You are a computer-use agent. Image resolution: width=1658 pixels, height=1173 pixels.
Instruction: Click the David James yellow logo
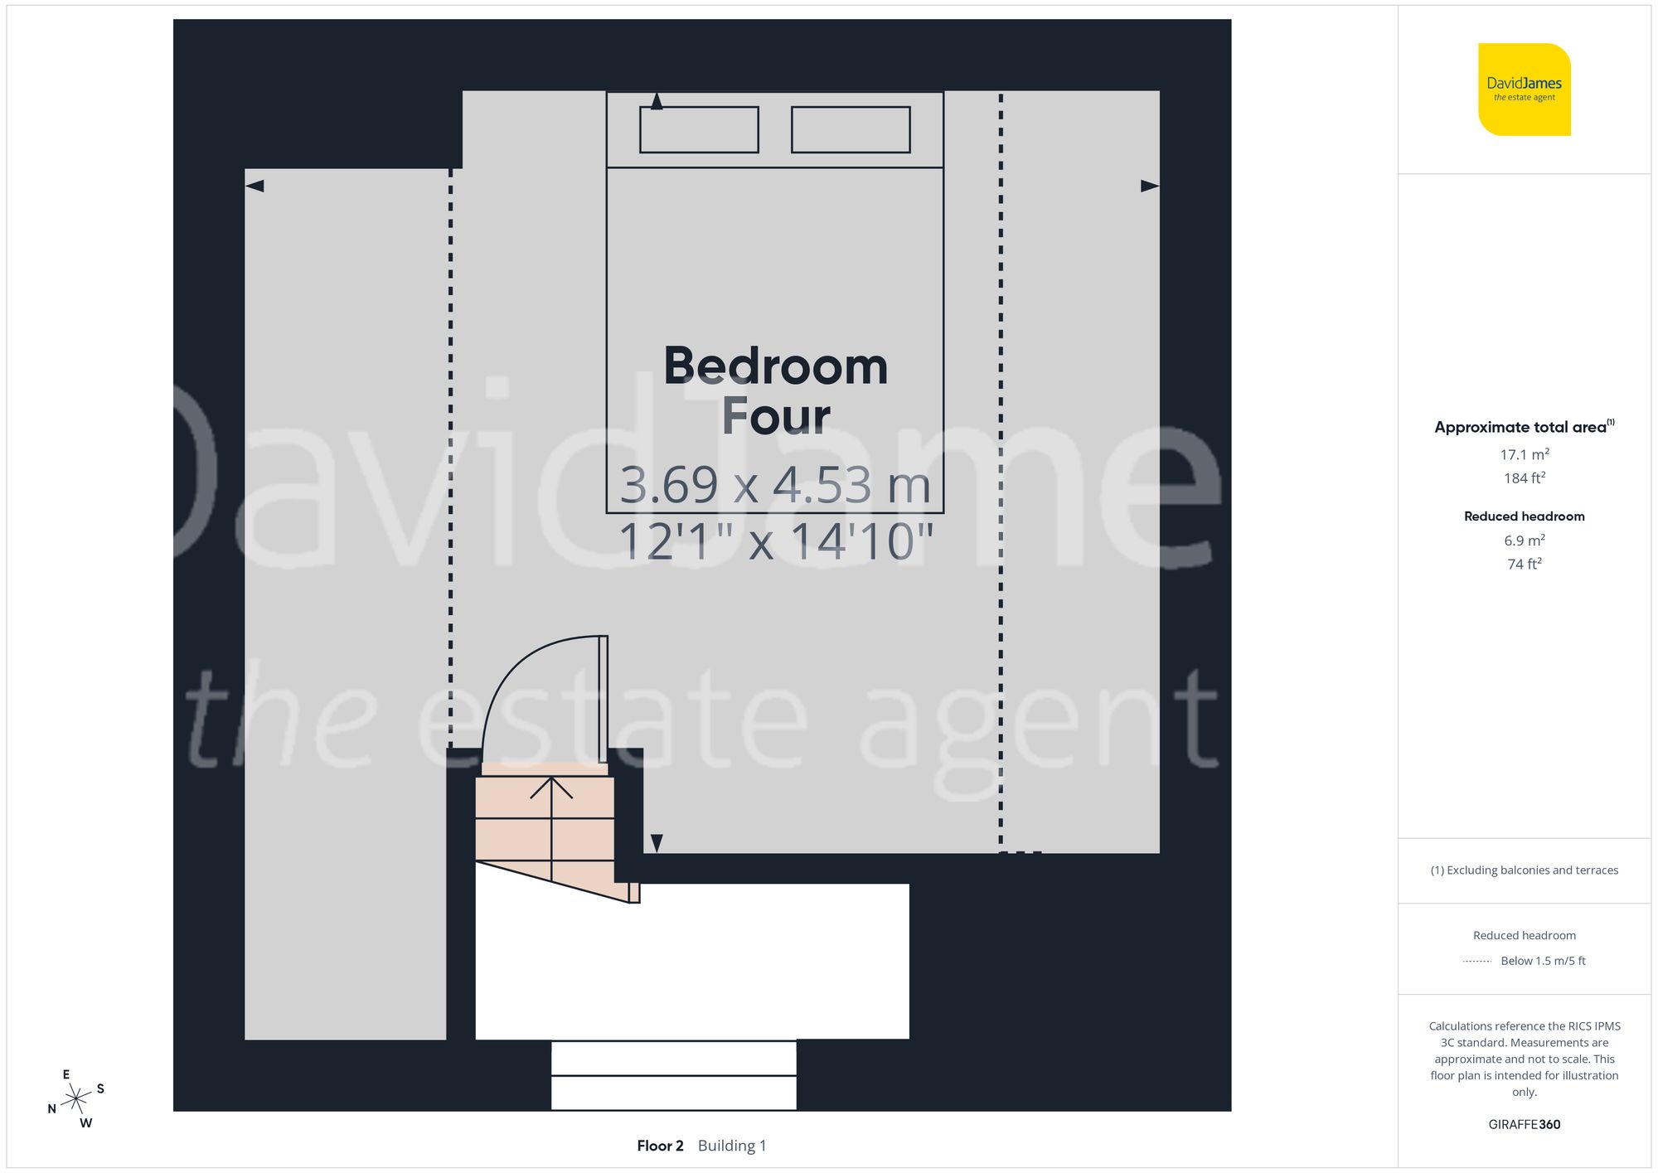coord(1524,90)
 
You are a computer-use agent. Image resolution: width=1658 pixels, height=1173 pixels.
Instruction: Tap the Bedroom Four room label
coord(775,390)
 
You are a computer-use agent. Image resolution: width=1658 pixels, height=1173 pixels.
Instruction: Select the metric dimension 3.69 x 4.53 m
coord(775,485)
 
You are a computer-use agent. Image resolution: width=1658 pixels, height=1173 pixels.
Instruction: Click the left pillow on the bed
coord(699,129)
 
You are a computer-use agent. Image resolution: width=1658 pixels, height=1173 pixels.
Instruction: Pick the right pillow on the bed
coord(851,129)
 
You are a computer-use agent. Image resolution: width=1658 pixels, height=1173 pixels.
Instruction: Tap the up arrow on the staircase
coord(551,788)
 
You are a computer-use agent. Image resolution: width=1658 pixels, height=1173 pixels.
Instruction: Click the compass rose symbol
coord(76,1099)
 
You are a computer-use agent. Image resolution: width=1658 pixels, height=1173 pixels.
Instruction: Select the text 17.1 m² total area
coord(1524,454)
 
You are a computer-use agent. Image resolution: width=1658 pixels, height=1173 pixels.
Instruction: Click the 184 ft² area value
coord(1524,478)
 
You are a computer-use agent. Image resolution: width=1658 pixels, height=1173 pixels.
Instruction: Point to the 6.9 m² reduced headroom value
coord(1524,540)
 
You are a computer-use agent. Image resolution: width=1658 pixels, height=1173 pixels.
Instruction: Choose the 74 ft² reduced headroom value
coord(1524,564)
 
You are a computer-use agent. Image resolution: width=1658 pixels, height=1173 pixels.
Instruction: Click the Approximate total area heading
coord(1523,427)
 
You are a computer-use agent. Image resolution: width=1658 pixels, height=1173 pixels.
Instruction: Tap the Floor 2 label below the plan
coord(660,1146)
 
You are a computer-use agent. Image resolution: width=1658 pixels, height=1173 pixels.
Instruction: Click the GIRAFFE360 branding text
coord(1524,1125)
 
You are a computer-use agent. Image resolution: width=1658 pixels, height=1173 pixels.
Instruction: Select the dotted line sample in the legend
coord(1477,962)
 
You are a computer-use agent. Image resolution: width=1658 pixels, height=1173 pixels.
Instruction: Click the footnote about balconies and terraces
coord(1524,870)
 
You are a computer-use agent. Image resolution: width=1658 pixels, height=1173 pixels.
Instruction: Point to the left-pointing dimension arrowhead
coord(255,186)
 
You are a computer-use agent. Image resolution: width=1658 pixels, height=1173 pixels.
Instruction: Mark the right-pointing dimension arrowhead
coord(1150,186)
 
